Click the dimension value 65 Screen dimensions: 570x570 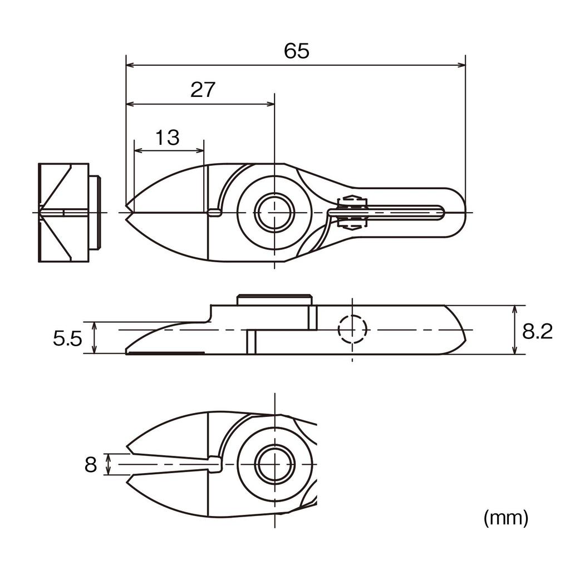click(296, 51)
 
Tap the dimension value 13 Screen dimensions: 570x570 click(167, 137)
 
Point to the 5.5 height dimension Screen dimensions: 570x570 click(67, 338)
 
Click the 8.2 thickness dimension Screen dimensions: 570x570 click(537, 332)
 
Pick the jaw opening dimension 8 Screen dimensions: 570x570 click(91, 464)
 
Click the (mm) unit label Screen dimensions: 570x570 click(505, 518)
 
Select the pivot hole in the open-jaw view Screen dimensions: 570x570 click(274, 464)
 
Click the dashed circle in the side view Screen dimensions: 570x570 click(353, 330)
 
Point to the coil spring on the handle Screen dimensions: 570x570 click(351, 213)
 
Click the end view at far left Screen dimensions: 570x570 click(64, 213)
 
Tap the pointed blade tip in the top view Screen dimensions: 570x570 click(128, 212)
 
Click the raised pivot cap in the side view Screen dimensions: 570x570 click(274, 299)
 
